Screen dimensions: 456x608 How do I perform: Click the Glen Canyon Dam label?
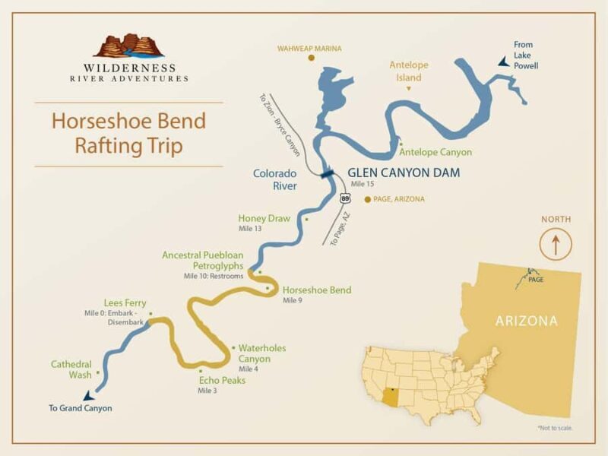pos(404,173)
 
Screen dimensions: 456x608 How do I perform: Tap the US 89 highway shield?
pos(346,198)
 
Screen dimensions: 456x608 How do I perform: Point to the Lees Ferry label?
pos(125,302)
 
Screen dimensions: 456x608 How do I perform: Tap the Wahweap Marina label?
pos(310,49)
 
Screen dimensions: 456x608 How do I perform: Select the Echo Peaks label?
pos(222,380)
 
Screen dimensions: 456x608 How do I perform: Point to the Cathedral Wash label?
pos(71,369)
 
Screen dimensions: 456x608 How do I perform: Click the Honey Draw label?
pos(264,218)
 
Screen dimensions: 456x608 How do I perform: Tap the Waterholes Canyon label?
pos(262,353)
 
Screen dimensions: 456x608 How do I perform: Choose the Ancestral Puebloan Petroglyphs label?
pos(203,261)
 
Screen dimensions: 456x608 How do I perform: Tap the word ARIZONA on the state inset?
pos(526,321)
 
